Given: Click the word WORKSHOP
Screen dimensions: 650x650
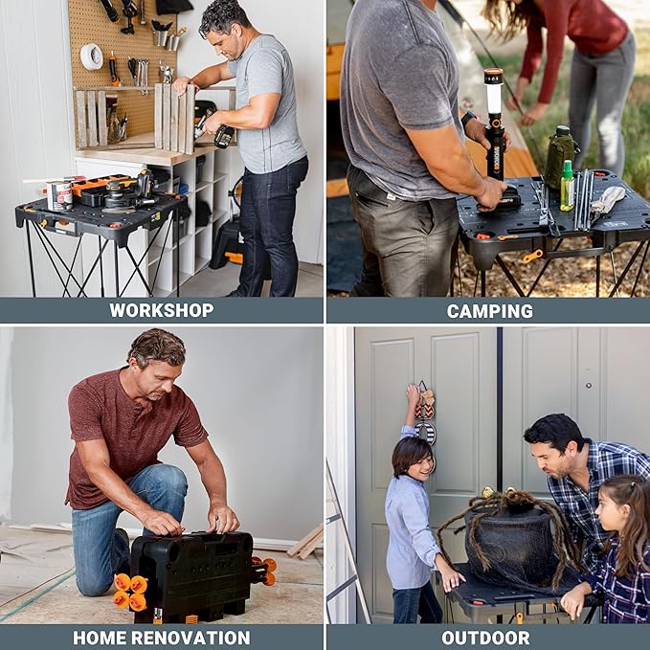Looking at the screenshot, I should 161,310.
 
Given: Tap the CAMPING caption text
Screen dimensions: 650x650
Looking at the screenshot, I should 489,310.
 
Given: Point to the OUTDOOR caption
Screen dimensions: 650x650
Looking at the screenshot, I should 485,638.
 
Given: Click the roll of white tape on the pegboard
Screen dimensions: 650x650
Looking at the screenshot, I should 91,56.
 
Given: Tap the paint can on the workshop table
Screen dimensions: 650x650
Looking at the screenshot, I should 59,195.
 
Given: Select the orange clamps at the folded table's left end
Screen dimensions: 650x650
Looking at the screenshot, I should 130,592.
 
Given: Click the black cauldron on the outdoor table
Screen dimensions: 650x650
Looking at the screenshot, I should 511,546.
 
